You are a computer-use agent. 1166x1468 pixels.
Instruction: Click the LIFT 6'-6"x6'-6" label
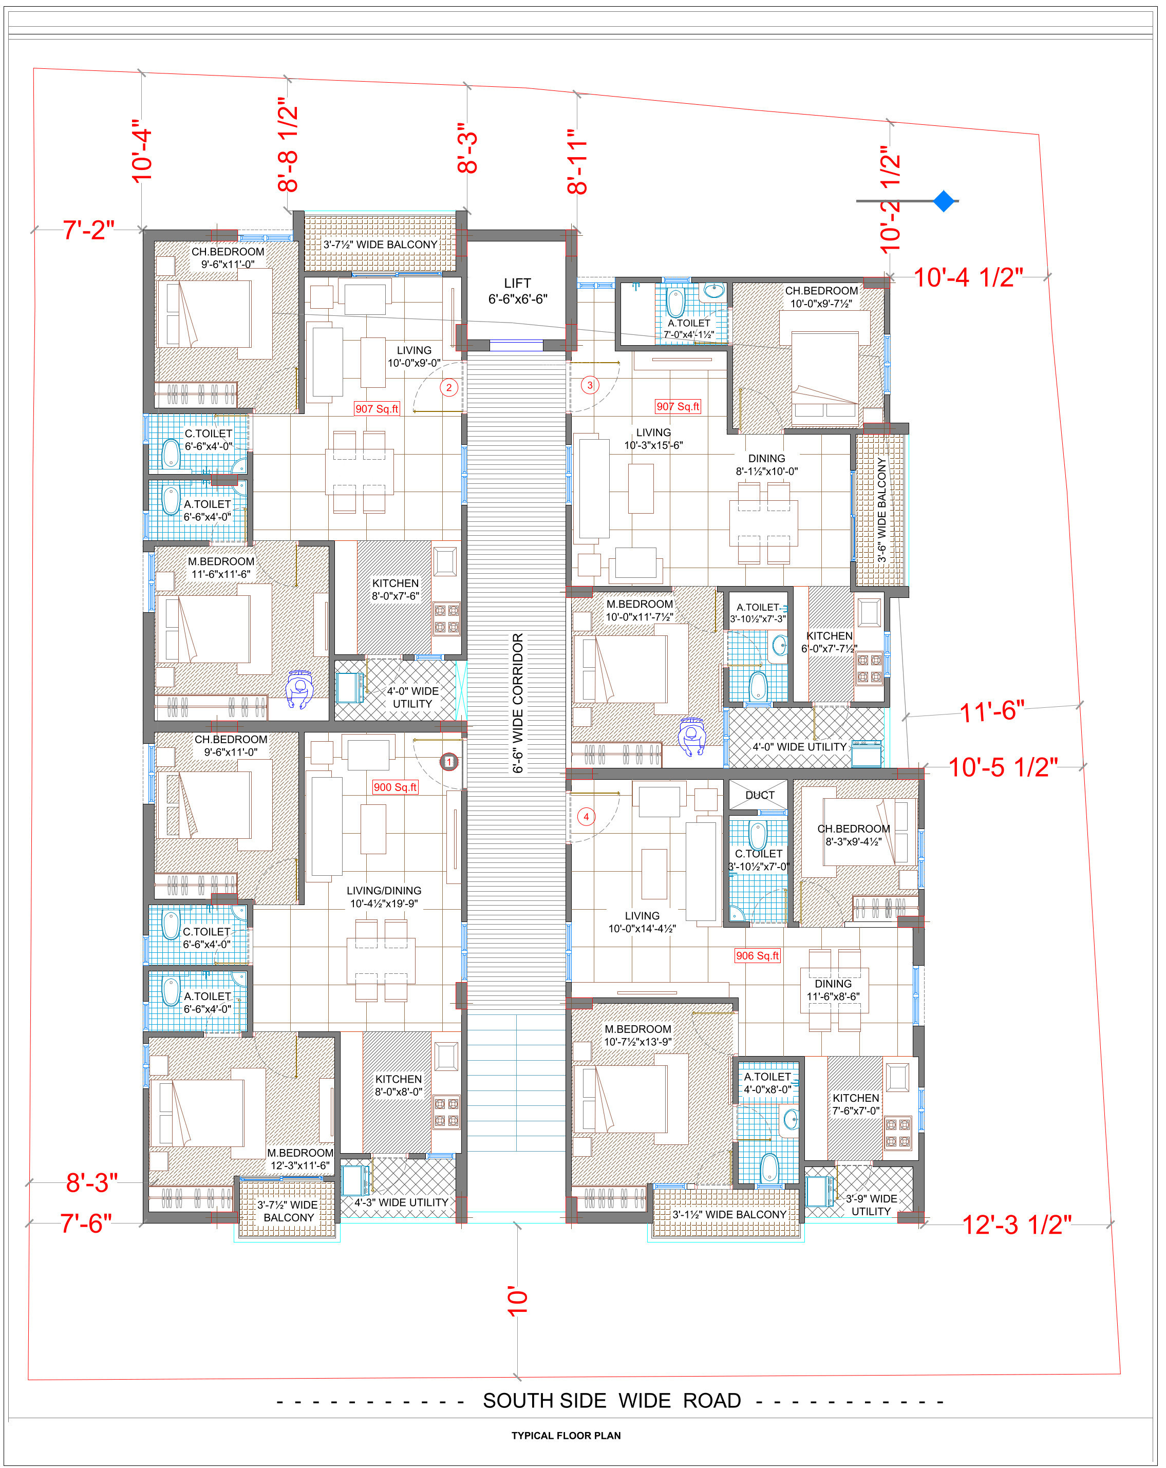pyautogui.click(x=518, y=291)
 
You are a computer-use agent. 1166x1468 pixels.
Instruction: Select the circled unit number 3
pyautogui.click(x=590, y=385)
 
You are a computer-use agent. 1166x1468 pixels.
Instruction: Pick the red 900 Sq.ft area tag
pyautogui.click(x=395, y=787)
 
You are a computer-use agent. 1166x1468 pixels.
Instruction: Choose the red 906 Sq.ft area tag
pyautogui.click(x=757, y=955)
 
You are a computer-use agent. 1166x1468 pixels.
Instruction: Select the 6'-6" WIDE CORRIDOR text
pyautogui.click(x=518, y=703)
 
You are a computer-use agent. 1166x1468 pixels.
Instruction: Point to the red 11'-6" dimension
pyautogui.click(x=992, y=711)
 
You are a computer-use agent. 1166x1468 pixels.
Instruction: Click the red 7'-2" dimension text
pyautogui.click(x=88, y=230)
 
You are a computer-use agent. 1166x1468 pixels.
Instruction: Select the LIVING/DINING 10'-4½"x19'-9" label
pyautogui.click(x=384, y=897)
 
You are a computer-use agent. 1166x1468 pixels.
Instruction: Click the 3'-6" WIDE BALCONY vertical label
pyautogui.click(x=882, y=510)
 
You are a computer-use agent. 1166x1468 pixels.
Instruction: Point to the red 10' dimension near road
pyautogui.click(x=518, y=1301)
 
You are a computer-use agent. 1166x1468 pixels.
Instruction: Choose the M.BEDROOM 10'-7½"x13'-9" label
pyautogui.click(x=638, y=1035)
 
